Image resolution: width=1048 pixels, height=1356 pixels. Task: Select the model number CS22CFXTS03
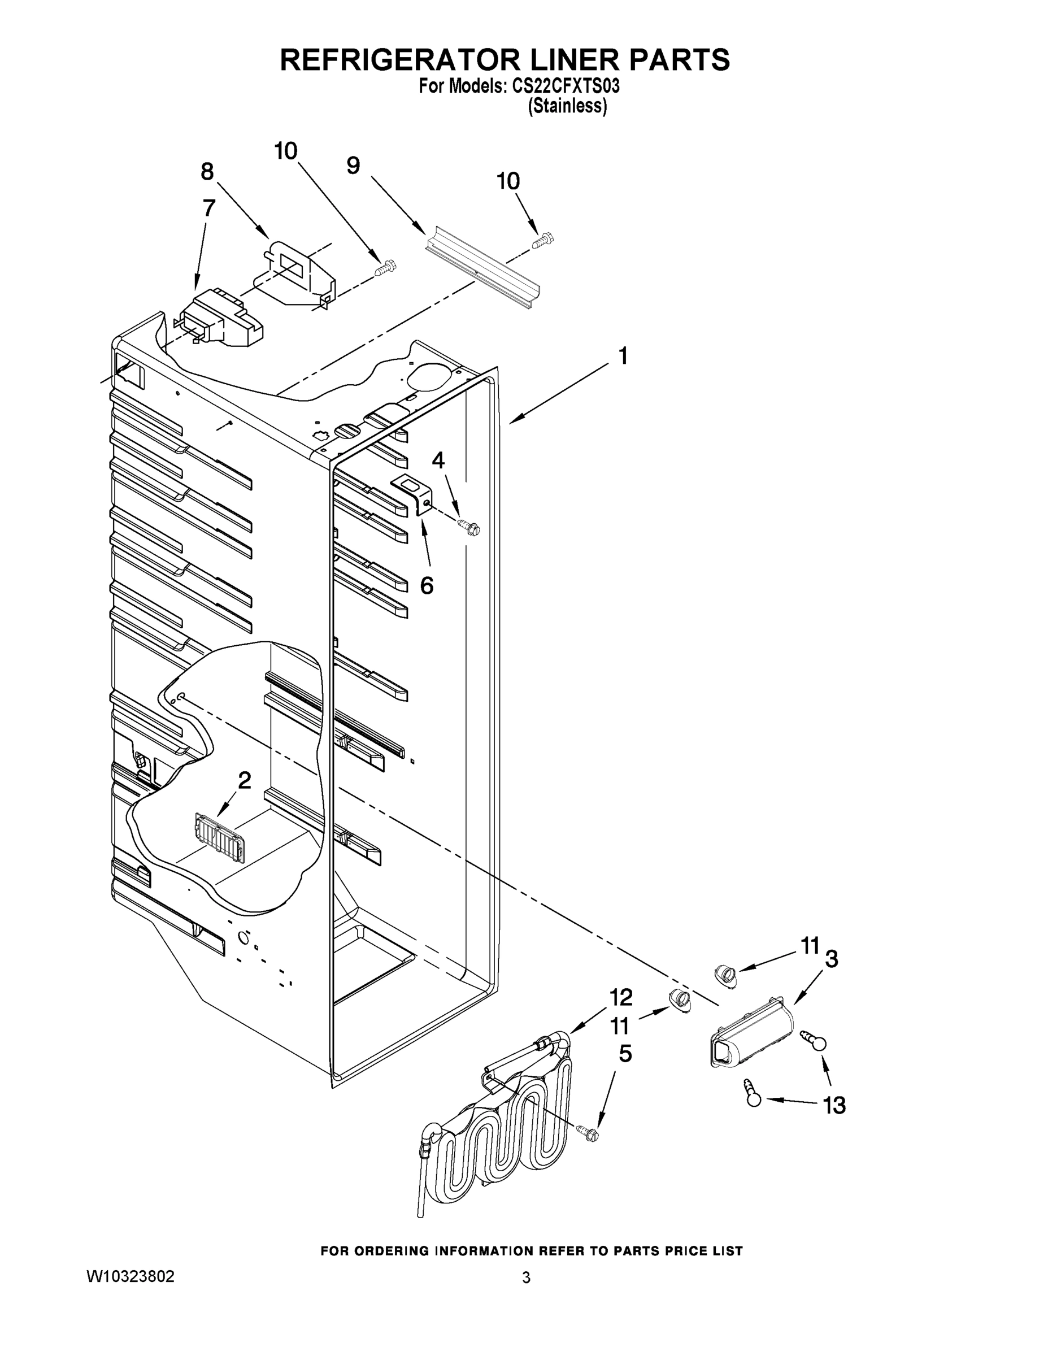click(x=566, y=86)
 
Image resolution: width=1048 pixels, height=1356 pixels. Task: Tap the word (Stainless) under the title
click(x=567, y=106)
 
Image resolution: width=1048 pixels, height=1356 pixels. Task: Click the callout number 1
click(x=623, y=357)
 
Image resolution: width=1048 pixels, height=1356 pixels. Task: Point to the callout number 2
click(x=245, y=780)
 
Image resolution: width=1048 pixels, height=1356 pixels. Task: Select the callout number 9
click(x=353, y=166)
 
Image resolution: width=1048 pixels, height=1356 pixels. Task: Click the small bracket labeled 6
click(x=413, y=494)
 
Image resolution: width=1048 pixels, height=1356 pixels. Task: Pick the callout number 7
click(x=209, y=207)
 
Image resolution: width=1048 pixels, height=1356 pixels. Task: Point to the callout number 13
click(x=834, y=1105)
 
